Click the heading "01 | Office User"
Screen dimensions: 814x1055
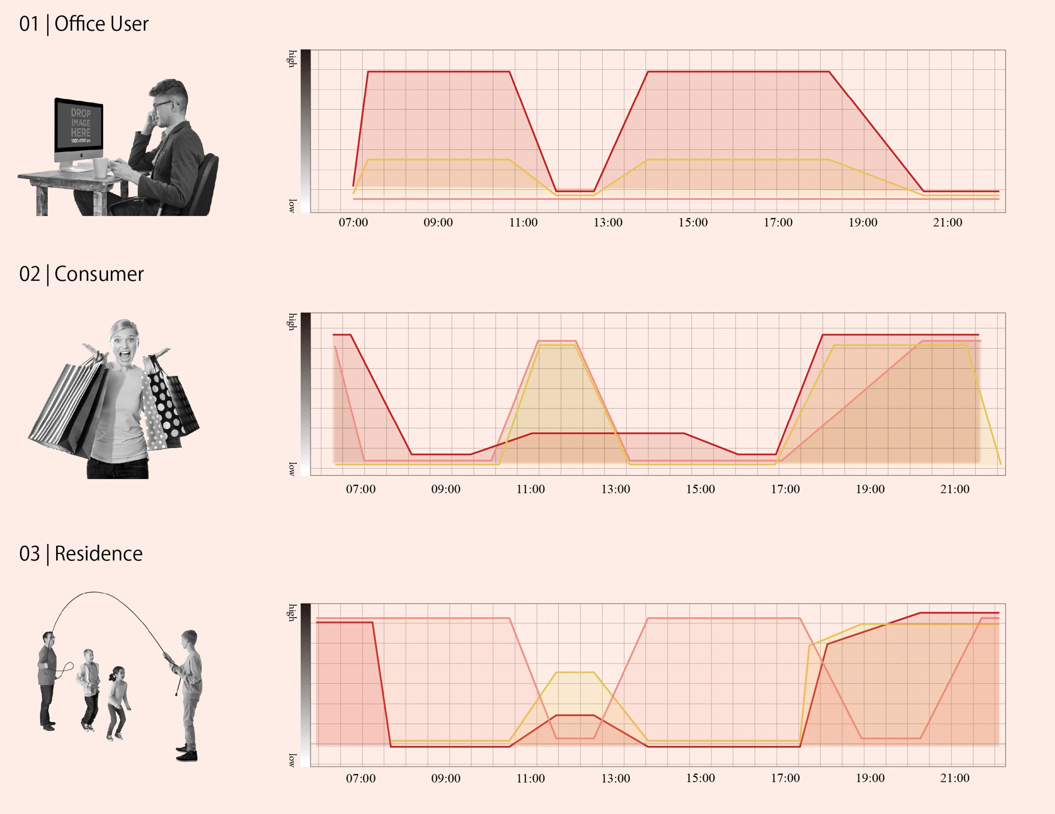pyautogui.click(x=83, y=24)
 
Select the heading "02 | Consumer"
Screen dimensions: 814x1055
pyautogui.click(x=81, y=275)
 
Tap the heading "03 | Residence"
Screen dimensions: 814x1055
pyautogui.click(x=81, y=554)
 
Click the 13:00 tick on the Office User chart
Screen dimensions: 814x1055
pyautogui.click(x=608, y=223)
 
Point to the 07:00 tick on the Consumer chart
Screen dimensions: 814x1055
pyautogui.click(x=360, y=490)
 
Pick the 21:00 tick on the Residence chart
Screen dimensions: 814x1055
pyautogui.click(x=954, y=778)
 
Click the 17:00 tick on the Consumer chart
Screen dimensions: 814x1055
pyautogui.click(x=785, y=490)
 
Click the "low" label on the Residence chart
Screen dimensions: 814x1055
pyautogui.click(x=292, y=761)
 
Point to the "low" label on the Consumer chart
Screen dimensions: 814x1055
pyautogui.click(x=292, y=469)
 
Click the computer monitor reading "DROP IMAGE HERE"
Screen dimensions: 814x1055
pyautogui.click(x=79, y=126)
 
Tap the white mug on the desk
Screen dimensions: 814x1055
pyautogui.click(x=101, y=167)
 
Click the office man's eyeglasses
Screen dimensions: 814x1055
pyautogui.click(x=162, y=105)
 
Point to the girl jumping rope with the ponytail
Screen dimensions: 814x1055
pyautogui.click(x=117, y=702)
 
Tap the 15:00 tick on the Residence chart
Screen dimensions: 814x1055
pyautogui.click(x=701, y=778)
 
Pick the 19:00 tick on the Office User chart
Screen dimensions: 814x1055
pyautogui.click(x=863, y=223)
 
